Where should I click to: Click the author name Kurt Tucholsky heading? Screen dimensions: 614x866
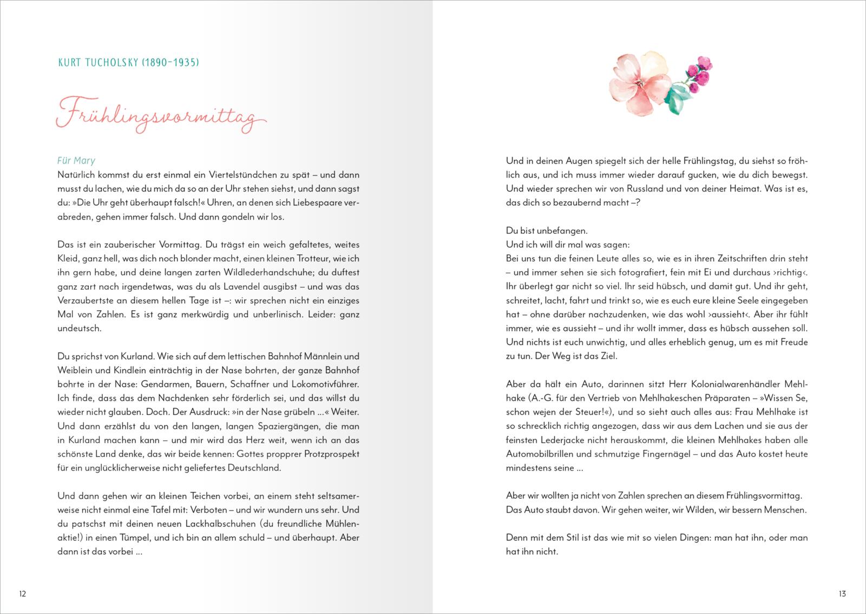(x=128, y=63)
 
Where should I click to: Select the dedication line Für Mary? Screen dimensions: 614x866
(x=76, y=160)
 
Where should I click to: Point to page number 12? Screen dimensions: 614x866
(x=23, y=593)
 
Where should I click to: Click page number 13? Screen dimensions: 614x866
(x=842, y=593)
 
